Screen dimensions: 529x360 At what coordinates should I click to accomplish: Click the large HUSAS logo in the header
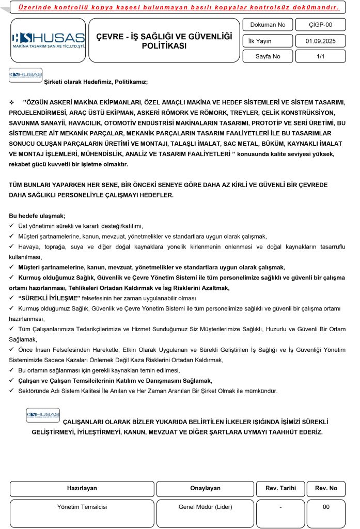[x=48, y=40]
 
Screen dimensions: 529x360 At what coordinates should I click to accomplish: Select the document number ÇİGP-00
[x=320, y=24]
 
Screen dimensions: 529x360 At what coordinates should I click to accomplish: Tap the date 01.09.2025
[x=320, y=41]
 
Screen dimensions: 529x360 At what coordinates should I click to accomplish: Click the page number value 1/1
[x=320, y=57]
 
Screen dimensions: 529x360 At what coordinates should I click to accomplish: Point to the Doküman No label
[x=267, y=24]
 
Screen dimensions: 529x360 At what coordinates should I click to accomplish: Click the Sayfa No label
[x=268, y=57]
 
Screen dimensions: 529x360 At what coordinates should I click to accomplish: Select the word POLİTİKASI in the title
[x=164, y=45]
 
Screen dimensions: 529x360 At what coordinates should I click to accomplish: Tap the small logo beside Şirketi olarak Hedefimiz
[x=25, y=76]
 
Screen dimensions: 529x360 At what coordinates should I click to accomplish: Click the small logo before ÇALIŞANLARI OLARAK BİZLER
[x=43, y=415]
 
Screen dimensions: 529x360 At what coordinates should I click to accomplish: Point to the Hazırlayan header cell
[x=82, y=488]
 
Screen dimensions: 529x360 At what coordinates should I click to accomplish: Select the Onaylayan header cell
[x=205, y=488]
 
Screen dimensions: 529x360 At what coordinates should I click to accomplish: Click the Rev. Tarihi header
[x=280, y=488]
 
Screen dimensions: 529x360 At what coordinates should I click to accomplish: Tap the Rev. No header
[x=326, y=488]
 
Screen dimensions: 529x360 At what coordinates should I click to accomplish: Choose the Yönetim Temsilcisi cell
[x=82, y=507]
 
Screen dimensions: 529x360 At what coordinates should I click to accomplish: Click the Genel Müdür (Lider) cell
[x=205, y=507]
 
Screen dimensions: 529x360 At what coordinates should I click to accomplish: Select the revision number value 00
[x=326, y=507]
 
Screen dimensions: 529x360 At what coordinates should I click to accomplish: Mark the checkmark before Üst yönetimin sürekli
[x=12, y=226]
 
